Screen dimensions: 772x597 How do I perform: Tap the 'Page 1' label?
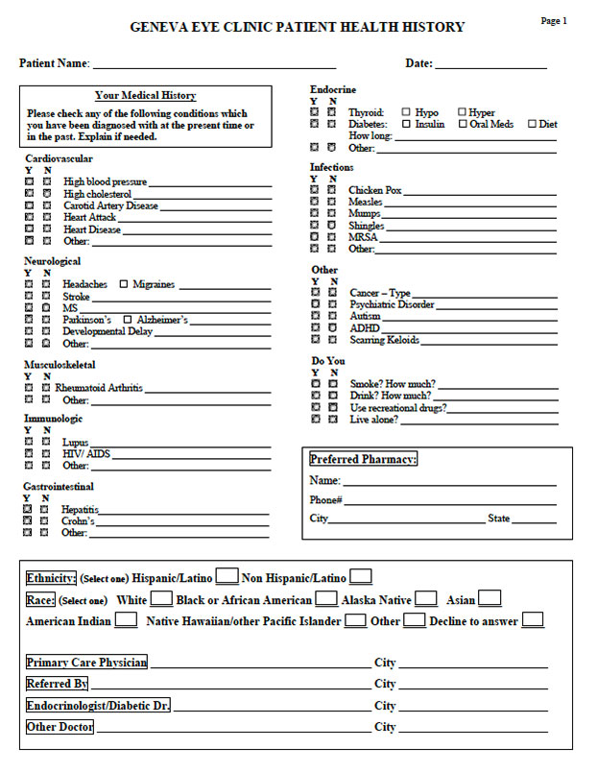[x=554, y=20]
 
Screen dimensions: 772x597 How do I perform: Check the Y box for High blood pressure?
[x=29, y=181]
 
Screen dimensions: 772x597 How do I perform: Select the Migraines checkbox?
[x=124, y=284]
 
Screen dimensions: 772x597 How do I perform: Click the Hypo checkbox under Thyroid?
[x=406, y=112]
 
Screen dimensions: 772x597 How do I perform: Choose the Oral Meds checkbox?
[x=463, y=124]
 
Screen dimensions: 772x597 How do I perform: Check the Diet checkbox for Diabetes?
[x=533, y=124]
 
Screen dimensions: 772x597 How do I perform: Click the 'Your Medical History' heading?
[x=146, y=96]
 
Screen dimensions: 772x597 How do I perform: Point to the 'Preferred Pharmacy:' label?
[x=363, y=460]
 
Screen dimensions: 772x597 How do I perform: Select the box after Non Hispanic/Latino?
[x=361, y=577]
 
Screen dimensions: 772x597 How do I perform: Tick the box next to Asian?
[x=490, y=599]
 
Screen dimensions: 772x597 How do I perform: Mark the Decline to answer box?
[x=533, y=620]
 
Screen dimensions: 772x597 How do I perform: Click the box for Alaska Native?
[x=426, y=599]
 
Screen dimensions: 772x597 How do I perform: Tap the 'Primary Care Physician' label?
[x=86, y=663]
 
